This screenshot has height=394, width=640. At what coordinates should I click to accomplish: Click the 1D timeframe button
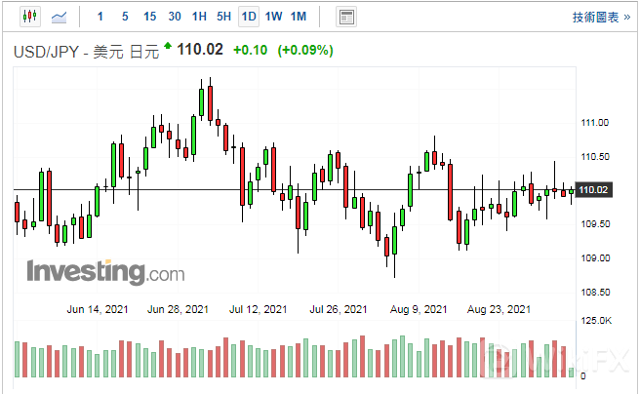click(x=249, y=17)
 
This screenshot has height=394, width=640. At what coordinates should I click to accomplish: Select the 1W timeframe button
click(x=274, y=17)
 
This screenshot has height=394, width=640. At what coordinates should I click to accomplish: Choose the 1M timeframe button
click(x=299, y=17)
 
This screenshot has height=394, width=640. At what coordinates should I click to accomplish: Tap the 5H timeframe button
click(x=224, y=17)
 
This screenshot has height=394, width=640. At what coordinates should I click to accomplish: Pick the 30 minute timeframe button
click(x=175, y=17)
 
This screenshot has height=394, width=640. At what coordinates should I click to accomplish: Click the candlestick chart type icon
click(x=29, y=17)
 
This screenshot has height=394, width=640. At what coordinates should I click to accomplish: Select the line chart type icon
click(x=60, y=17)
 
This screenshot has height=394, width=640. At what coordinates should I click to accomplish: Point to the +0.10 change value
click(x=253, y=50)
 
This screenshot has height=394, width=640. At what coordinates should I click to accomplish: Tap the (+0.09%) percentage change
click(x=305, y=50)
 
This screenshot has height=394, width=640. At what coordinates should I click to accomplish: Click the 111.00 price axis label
click(x=594, y=123)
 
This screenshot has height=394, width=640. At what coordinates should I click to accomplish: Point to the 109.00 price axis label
click(x=594, y=257)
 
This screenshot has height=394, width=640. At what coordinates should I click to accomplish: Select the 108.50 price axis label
click(x=594, y=292)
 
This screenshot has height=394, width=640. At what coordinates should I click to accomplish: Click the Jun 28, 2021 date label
click(x=179, y=309)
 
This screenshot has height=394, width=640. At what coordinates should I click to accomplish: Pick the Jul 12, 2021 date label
click(x=257, y=309)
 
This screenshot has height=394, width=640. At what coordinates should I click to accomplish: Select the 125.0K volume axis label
click(x=596, y=321)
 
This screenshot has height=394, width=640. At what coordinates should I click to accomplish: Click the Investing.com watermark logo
click(x=104, y=271)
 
